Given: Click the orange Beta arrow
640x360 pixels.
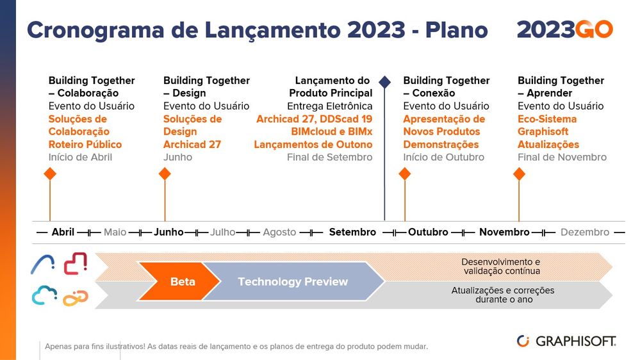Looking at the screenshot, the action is click(179, 281).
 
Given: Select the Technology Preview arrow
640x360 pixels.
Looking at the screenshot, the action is click(293, 281).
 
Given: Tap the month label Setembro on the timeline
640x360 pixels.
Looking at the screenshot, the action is click(352, 233).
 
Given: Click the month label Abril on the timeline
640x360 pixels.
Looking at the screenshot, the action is click(63, 233).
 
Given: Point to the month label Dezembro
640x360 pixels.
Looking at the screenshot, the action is click(585, 233).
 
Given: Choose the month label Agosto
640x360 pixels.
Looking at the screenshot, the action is click(279, 233).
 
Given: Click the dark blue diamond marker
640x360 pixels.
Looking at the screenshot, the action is click(384, 82).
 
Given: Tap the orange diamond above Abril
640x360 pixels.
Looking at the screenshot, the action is click(50, 174).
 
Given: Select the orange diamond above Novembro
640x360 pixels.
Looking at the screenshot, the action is click(519, 174).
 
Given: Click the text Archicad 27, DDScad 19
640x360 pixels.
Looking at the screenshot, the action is click(315, 119).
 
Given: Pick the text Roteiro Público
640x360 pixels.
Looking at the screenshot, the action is click(85, 145).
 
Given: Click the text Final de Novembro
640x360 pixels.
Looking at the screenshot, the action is click(562, 157).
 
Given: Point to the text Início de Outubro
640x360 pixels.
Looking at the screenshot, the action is click(444, 157).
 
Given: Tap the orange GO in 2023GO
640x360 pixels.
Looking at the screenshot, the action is click(595, 29).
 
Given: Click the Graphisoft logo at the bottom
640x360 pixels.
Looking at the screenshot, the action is click(566, 341).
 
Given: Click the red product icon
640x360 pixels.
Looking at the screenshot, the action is click(76, 263).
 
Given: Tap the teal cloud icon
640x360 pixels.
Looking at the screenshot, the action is click(44, 295).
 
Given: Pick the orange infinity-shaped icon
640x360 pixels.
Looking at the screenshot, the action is click(76, 298).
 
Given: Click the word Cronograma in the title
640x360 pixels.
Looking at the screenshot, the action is click(95, 30).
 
